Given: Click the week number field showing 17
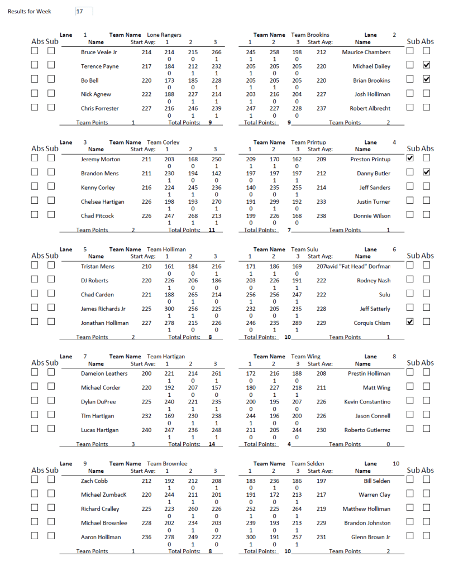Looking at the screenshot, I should pyautogui.click(x=84, y=11).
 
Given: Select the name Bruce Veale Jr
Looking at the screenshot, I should pyautogui.click(x=99, y=52).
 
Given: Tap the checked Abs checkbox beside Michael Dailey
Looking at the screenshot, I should pyautogui.click(x=427, y=65).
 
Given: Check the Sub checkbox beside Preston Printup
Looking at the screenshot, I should pyautogui.click(x=410, y=159).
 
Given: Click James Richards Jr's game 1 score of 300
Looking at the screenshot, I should pyautogui.click(x=169, y=309).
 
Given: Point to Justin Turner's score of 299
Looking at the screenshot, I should pyautogui.click(x=274, y=202).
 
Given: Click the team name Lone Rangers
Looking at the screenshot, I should pyautogui.click(x=164, y=35).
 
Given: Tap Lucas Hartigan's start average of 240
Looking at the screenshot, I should pyautogui.click(x=146, y=430).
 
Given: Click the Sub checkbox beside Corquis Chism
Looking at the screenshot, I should pyautogui.click(x=410, y=322).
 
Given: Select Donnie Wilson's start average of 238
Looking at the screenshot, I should pyautogui.click(x=321, y=216).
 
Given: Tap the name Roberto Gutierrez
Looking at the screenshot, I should pyautogui.click(x=367, y=430).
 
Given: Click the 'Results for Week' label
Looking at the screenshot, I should pyautogui.click(x=30, y=12).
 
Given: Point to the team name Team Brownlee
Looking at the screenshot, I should pyautogui.click(x=167, y=464).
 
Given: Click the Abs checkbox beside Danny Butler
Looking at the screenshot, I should pyautogui.click(x=427, y=172).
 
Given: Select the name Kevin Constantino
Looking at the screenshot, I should pyautogui.click(x=367, y=402).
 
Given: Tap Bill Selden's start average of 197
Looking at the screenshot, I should pyautogui.click(x=321, y=481).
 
